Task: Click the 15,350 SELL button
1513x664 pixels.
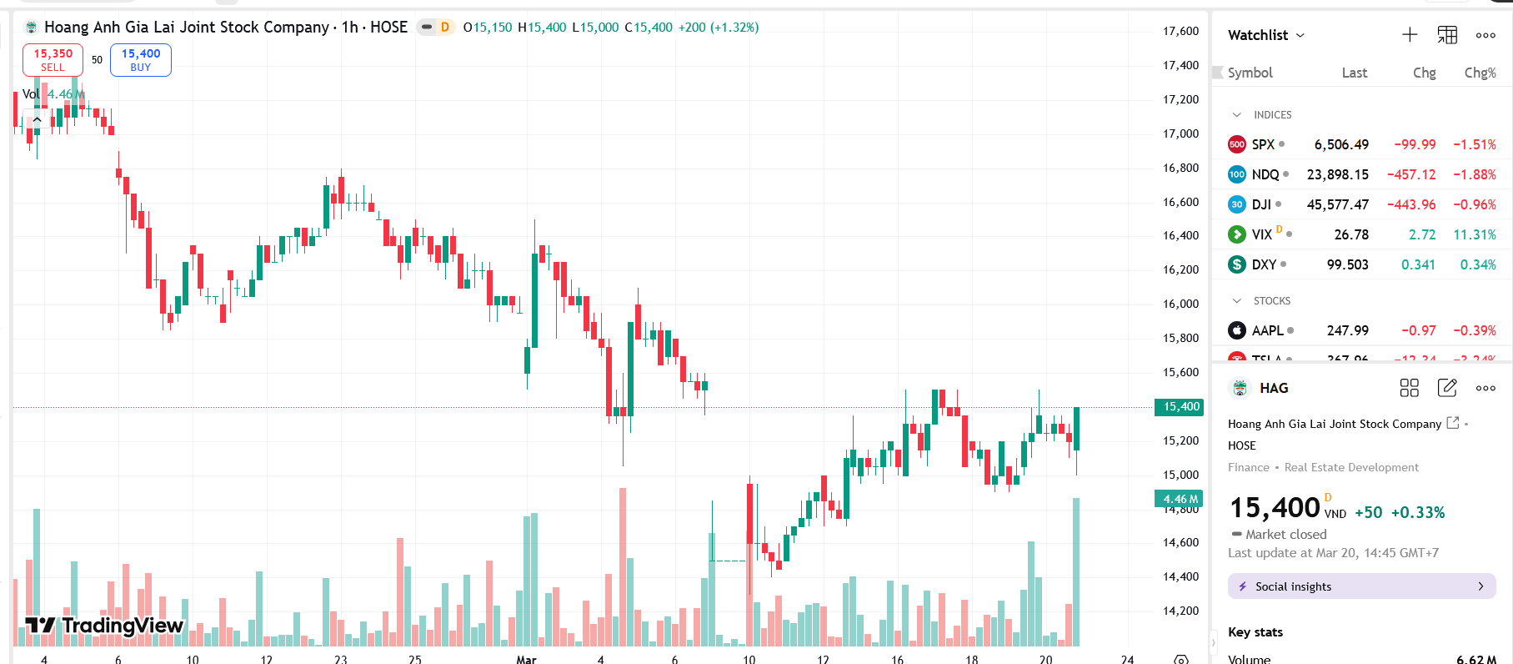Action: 53,60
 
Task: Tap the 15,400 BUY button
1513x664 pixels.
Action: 140,60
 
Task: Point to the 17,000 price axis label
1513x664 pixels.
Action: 1180,133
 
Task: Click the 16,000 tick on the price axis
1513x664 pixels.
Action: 1180,304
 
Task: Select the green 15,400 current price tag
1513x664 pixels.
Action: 1179,407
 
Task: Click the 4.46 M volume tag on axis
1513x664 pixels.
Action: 1179,499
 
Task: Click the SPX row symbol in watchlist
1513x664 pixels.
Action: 1263,144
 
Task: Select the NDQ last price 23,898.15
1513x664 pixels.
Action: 1337,174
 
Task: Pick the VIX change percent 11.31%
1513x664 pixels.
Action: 1474,234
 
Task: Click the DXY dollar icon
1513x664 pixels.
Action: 1237,264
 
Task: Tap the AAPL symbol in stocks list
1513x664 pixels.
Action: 1267,330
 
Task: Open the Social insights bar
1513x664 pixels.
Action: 1361,586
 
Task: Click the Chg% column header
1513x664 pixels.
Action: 1480,73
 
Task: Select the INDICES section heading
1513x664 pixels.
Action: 1272,115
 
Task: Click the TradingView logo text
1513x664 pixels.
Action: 104,626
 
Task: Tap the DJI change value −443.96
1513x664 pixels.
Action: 1411,204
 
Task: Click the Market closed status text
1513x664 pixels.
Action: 1285,534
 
